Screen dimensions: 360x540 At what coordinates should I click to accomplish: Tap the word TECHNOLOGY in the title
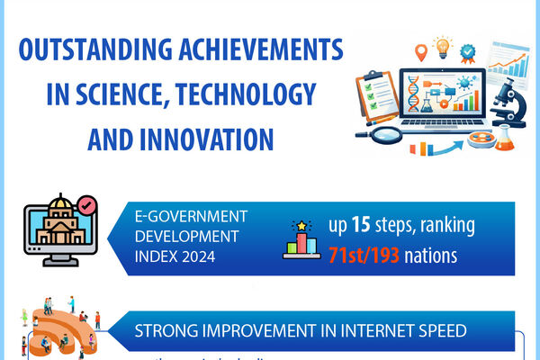coord(248,94)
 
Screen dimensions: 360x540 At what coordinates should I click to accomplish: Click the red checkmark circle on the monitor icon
coord(86,207)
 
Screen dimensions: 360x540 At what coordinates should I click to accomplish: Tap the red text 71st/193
coord(355,256)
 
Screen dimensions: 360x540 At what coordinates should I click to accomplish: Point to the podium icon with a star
coord(302,241)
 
